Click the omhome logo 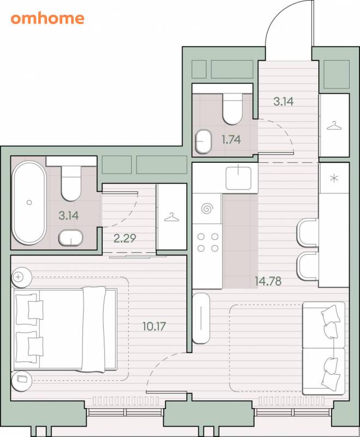point(48,19)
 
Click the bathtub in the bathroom point(29,203)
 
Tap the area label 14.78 point(268,281)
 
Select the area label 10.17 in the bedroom point(154,326)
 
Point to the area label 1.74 point(231,139)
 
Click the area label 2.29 point(125,238)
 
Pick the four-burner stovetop point(208,242)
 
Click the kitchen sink point(239,178)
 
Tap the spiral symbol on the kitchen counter point(207,209)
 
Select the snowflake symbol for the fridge point(334,178)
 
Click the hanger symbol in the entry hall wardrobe point(334,126)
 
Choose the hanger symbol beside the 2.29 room point(172,217)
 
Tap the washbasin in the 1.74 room point(203,141)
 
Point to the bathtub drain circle point(29,203)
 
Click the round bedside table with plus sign point(21,277)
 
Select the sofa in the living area point(324,348)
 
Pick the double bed point(64,329)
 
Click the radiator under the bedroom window point(126,401)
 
